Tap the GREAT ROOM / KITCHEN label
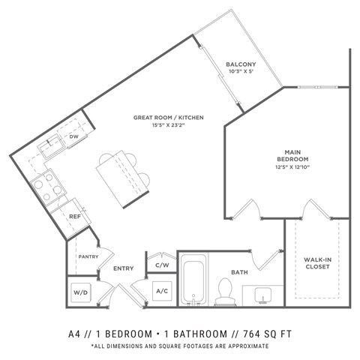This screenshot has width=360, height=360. click(169, 118)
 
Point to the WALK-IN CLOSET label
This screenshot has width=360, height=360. click(318, 263)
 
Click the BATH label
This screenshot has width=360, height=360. click(239, 272)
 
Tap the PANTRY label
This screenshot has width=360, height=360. click(88, 257)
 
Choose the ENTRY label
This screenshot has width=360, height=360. click(123, 268)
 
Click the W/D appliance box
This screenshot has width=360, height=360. click(81, 292)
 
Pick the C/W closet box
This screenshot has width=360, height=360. click(161, 265)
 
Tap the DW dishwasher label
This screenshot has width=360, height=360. click(74, 136)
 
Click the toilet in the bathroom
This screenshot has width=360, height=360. click(223, 292)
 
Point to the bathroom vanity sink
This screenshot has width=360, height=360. click(262, 294)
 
